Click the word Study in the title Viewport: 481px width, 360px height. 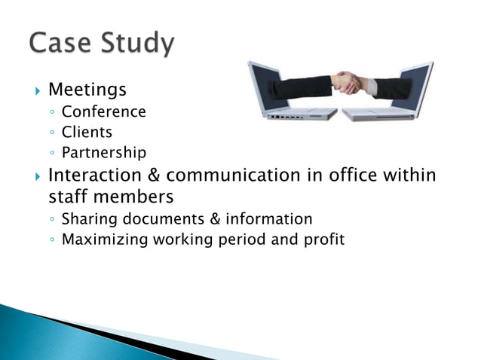pyautogui.click(x=135, y=45)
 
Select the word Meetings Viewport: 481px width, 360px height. pyautogui.click(x=87, y=90)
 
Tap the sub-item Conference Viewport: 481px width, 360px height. pyautogui.click(x=104, y=111)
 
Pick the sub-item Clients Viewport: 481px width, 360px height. pyautogui.click(x=87, y=132)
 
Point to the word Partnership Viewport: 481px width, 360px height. pyautogui.click(x=104, y=153)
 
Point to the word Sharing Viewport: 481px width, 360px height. pyautogui.click(x=87, y=219)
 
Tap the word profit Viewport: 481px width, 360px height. pyautogui.click(x=323, y=240)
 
